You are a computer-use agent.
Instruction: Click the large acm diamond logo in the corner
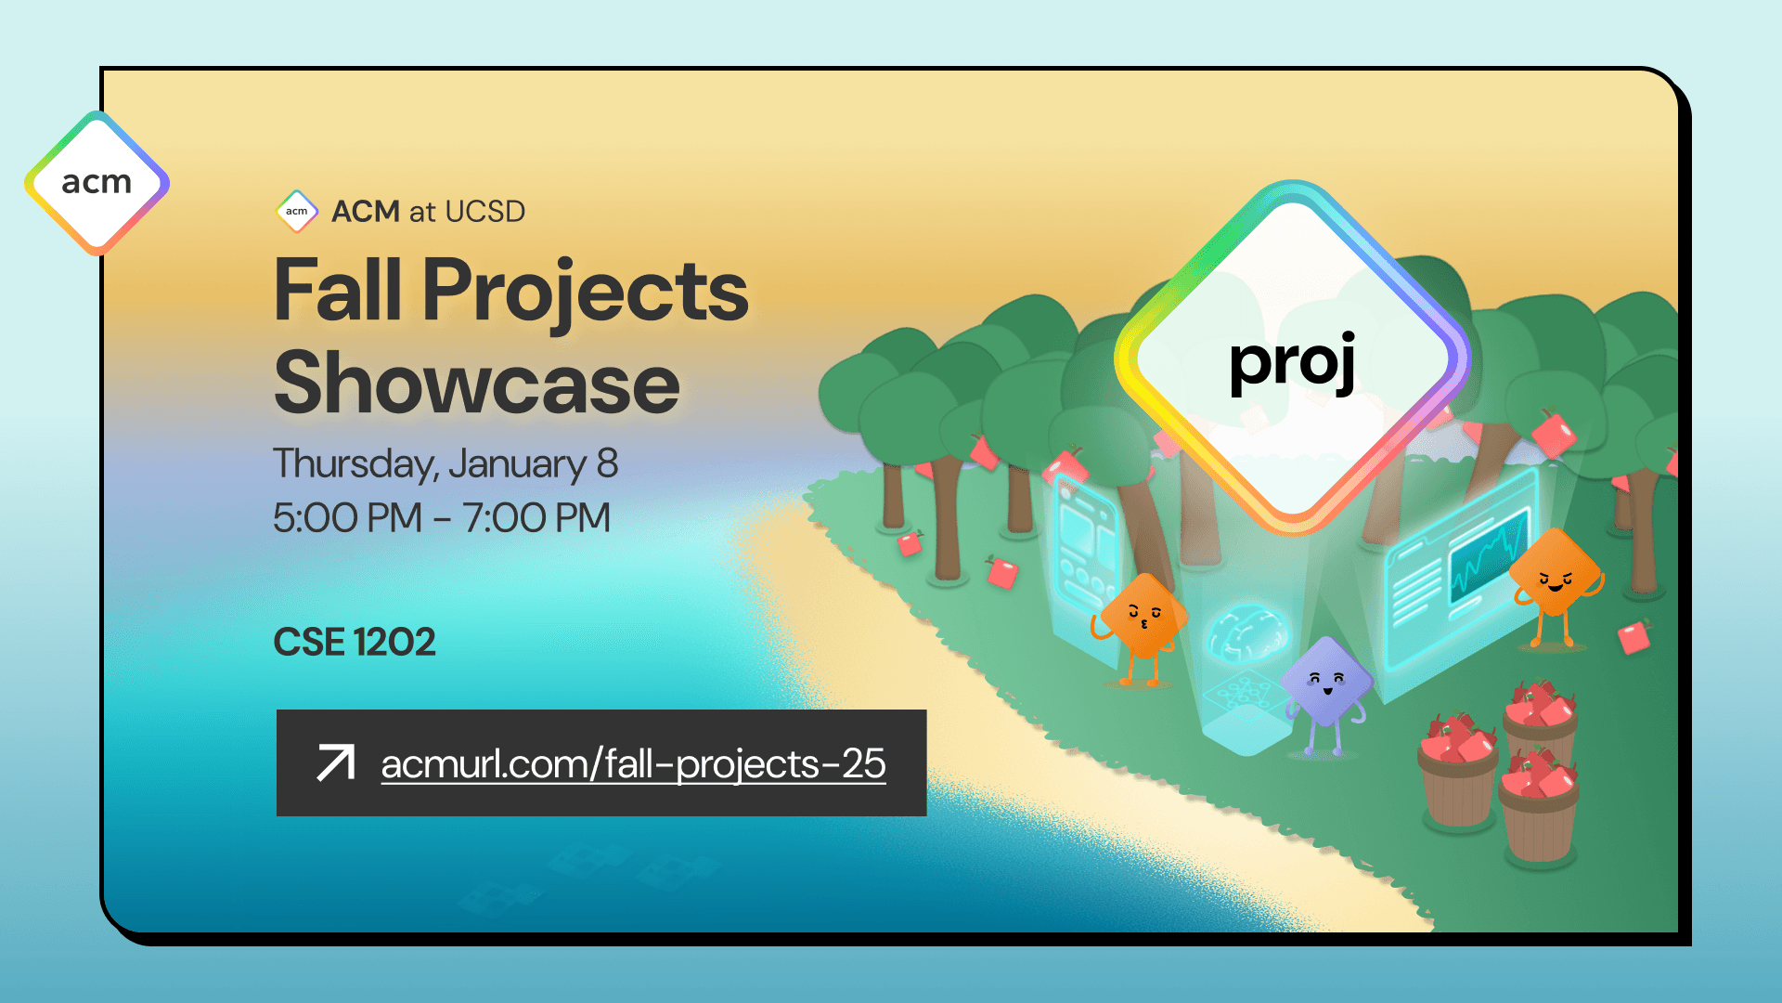[x=97, y=182]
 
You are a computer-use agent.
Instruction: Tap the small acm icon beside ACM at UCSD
[x=297, y=211]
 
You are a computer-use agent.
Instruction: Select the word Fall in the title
[x=338, y=291]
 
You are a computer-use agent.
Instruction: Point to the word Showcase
[x=477, y=384]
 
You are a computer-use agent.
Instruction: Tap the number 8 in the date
[x=607, y=462]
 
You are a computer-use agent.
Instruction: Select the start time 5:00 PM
[x=347, y=517]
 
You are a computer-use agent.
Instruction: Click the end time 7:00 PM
[x=536, y=517]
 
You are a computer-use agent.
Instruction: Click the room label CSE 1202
[x=354, y=642]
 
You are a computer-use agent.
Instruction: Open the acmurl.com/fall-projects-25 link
[x=633, y=764]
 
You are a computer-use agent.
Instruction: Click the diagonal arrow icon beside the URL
[x=335, y=762]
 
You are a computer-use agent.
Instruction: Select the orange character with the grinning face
[x=1556, y=576]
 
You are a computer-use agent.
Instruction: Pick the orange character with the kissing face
[x=1143, y=617]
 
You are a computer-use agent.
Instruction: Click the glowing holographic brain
[x=1248, y=632]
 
